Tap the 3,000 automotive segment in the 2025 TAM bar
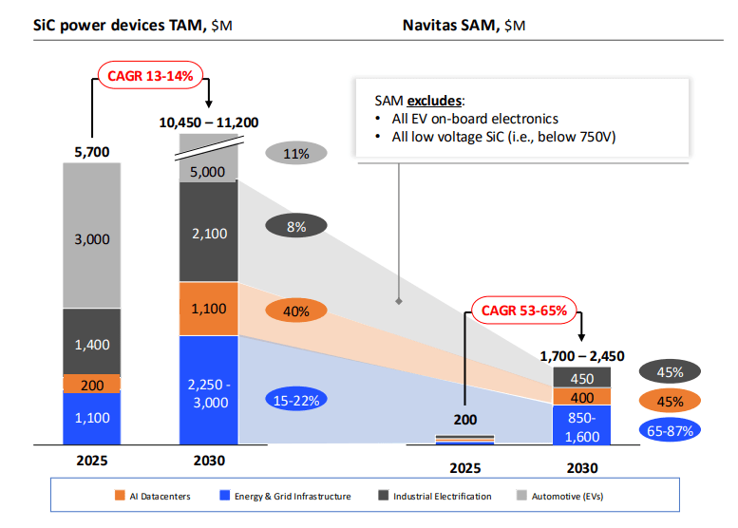91,238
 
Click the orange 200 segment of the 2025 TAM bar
91,384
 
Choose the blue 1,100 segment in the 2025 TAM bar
91,418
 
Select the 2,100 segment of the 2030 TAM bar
209,233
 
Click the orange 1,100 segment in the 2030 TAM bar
209,309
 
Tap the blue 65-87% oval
671,430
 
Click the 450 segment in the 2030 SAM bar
582,378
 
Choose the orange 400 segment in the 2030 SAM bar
582,397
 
